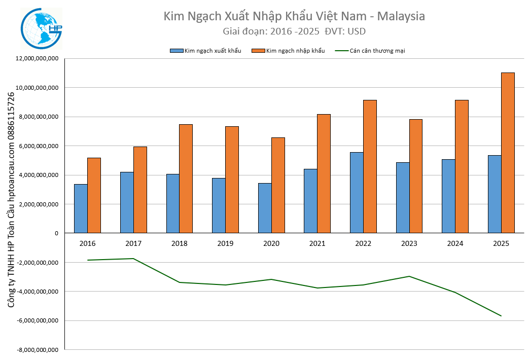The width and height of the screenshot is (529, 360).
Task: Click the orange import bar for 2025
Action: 508,153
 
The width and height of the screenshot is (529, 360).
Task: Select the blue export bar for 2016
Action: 81,208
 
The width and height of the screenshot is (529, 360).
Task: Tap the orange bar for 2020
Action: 278,185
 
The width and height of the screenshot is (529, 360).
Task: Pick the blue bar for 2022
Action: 357,193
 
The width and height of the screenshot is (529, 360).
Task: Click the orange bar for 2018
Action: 186,178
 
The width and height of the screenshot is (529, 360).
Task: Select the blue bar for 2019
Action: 219,205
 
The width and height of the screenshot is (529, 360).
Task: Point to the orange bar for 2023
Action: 416,176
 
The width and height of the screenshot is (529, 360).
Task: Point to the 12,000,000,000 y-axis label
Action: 38,59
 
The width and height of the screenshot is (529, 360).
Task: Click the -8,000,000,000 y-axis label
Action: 38,350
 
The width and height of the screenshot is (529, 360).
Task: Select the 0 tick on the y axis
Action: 57,233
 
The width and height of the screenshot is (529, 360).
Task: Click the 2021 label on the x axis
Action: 317,244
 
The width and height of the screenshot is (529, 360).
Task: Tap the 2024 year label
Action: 455,244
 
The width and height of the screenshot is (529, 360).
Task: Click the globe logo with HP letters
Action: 42,29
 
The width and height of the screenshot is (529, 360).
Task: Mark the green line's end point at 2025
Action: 501,316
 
